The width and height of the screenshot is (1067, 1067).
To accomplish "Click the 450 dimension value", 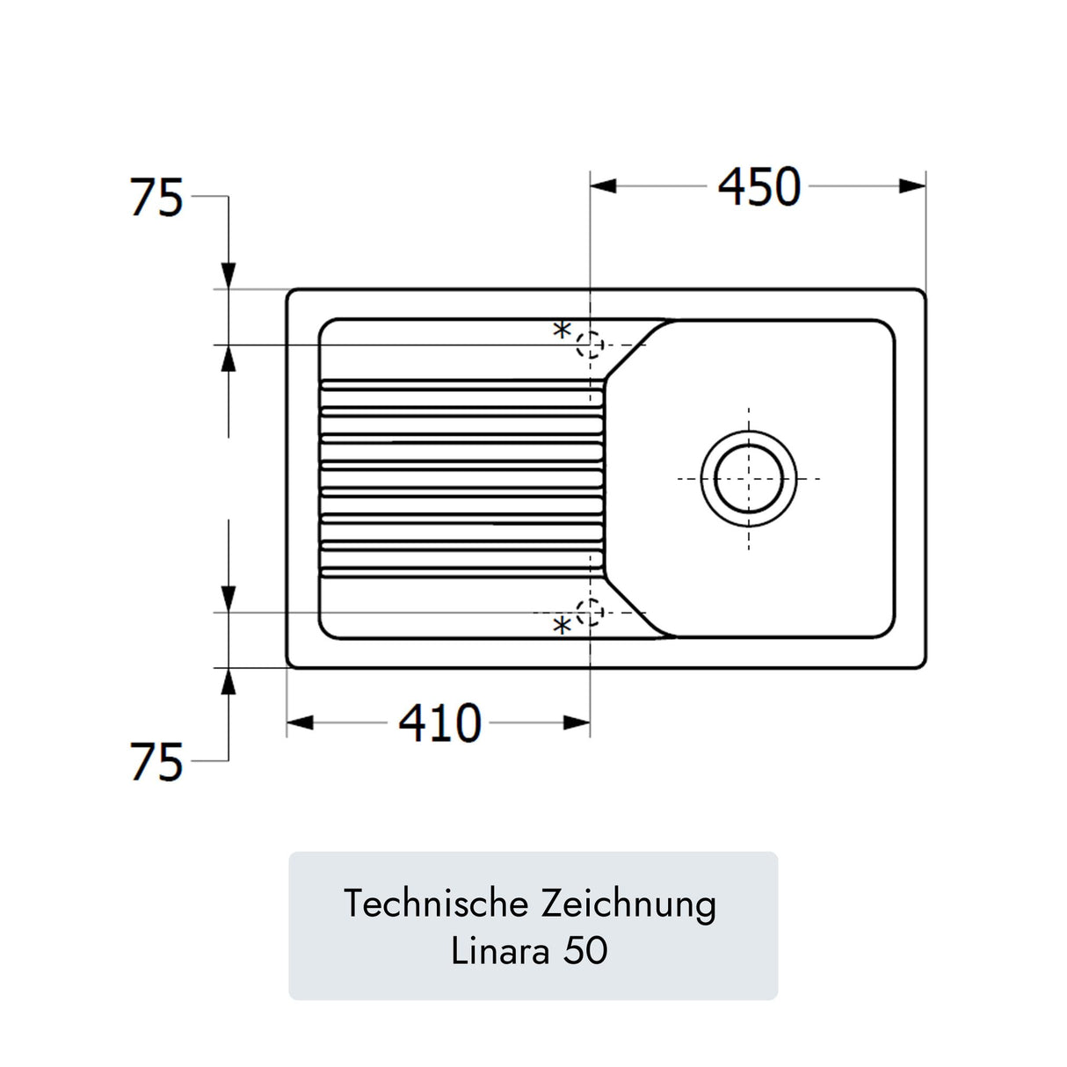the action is (759, 186).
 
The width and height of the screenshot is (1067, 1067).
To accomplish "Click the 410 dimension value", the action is (440, 722).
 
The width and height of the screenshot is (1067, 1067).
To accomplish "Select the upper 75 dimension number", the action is (156, 197).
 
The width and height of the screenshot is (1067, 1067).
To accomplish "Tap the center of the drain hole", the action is (749, 478).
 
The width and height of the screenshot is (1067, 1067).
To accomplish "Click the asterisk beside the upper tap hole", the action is (562, 331).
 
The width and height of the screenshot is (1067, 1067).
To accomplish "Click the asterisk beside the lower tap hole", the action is (562, 627).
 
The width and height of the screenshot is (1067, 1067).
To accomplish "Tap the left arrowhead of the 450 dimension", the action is (603, 186).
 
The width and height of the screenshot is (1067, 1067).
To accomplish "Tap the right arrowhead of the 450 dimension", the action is (912, 186).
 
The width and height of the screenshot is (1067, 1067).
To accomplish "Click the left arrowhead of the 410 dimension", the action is (300, 722).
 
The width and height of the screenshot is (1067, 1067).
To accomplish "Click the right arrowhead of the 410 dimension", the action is (577, 722).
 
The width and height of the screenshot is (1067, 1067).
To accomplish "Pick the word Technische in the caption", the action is (436, 904).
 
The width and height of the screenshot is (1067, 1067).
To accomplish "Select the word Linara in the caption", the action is (501, 951).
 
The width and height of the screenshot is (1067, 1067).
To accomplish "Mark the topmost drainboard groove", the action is (461, 385).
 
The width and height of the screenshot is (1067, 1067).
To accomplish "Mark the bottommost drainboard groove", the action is (461, 572).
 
